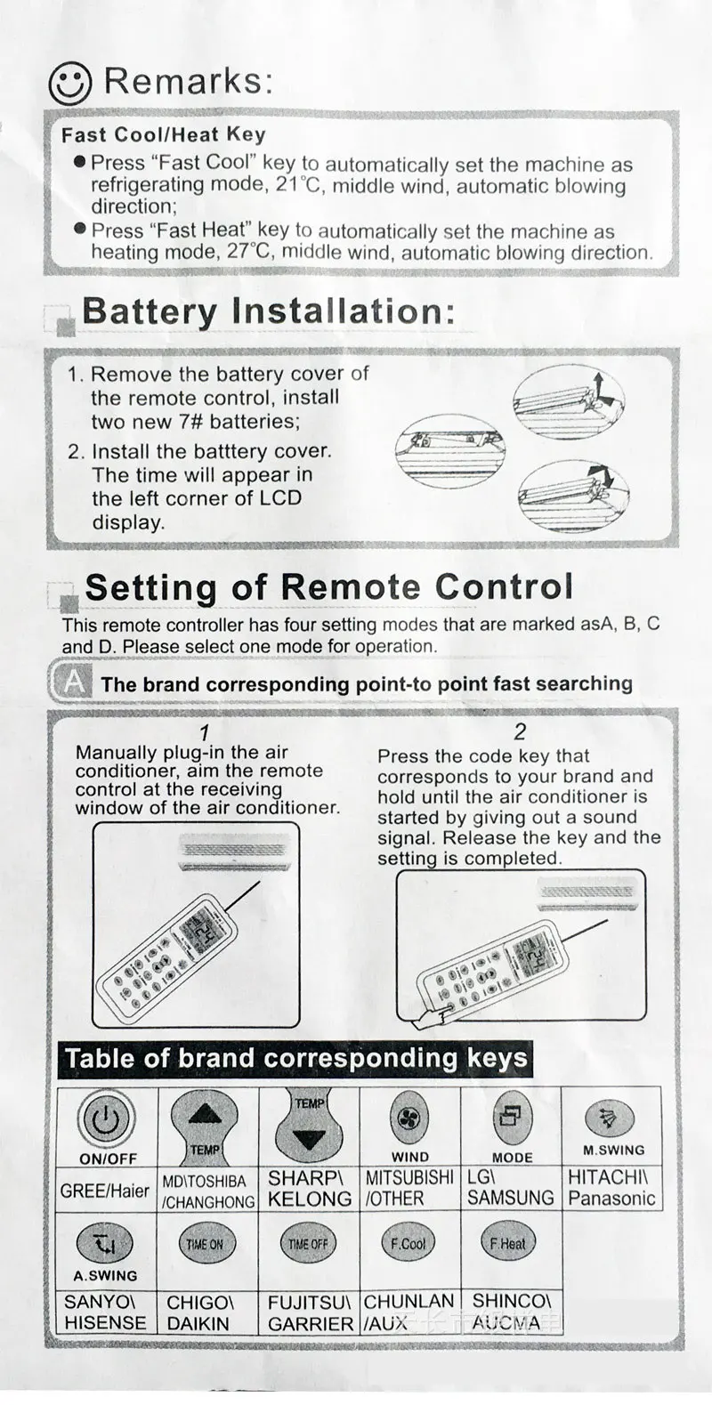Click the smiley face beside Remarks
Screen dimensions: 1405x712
click(x=69, y=83)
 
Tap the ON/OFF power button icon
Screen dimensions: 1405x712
click(x=106, y=1119)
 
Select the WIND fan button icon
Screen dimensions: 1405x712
click(x=409, y=1118)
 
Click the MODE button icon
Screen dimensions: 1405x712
click(x=512, y=1118)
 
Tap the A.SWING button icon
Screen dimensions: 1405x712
click(x=105, y=1243)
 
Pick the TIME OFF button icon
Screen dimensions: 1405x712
click(x=308, y=1244)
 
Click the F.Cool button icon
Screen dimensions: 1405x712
click(x=409, y=1243)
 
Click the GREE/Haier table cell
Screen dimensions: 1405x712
click(x=106, y=1190)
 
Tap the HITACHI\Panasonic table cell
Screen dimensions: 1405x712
click(x=612, y=1188)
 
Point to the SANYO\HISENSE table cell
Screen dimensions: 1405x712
click(x=106, y=1312)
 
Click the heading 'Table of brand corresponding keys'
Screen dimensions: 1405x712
click(x=295, y=1059)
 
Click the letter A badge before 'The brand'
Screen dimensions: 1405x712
click(x=75, y=682)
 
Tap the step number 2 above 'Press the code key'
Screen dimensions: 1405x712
click(x=520, y=732)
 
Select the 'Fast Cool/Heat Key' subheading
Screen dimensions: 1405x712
click(x=163, y=135)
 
